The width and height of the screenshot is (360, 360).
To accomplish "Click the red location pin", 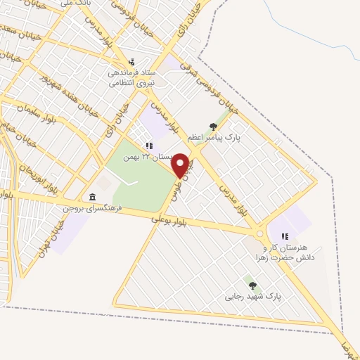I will pyautogui.click(x=181, y=165).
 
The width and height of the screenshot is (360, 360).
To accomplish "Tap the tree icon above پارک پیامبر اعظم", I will pyautogui.click(x=213, y=127).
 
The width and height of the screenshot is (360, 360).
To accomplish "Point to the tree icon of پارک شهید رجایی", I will pyautogui.click(x=253, y=286).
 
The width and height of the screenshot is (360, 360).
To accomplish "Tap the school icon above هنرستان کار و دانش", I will pyautogui.click(x=285, y=237).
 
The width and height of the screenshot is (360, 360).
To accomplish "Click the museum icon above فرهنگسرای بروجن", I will pyautogui.click(x=92, y=196).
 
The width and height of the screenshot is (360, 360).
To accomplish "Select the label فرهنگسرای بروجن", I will pyautogui.click(x=92, y=209).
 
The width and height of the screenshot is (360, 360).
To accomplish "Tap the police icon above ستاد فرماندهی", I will pyautogui.click(x=132, y=63).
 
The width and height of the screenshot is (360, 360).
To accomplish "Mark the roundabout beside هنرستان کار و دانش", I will pyautogui.click(x=261, y=233).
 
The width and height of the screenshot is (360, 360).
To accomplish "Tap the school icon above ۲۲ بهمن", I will pyautogui.click(x=149, y=146).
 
